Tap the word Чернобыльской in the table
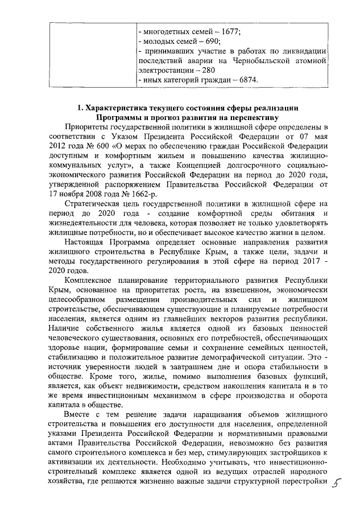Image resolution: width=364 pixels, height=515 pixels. coord(262,60)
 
